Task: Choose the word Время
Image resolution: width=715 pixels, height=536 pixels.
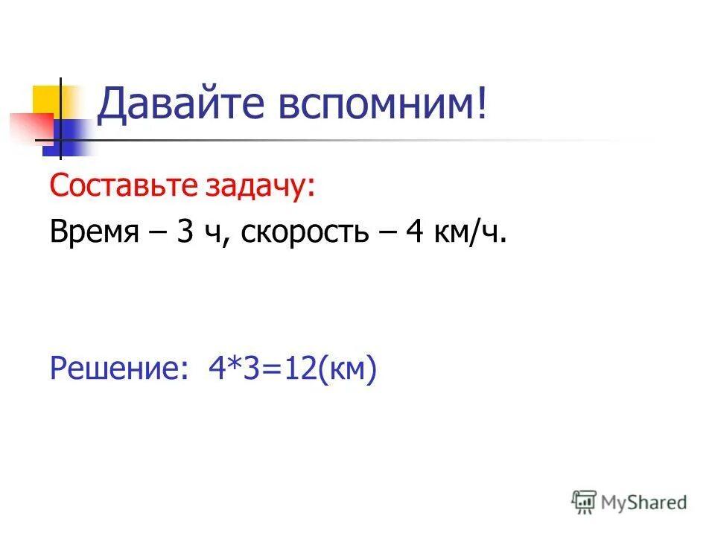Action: [x=95, y=234]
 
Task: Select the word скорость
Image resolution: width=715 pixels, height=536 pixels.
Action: [x=305, y=234]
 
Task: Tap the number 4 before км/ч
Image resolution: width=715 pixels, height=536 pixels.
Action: [x=414, y=234]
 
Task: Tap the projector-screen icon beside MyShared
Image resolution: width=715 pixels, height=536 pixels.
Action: [x=585, y=502]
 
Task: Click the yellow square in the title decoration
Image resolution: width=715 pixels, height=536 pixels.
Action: [x=47, y=98]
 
